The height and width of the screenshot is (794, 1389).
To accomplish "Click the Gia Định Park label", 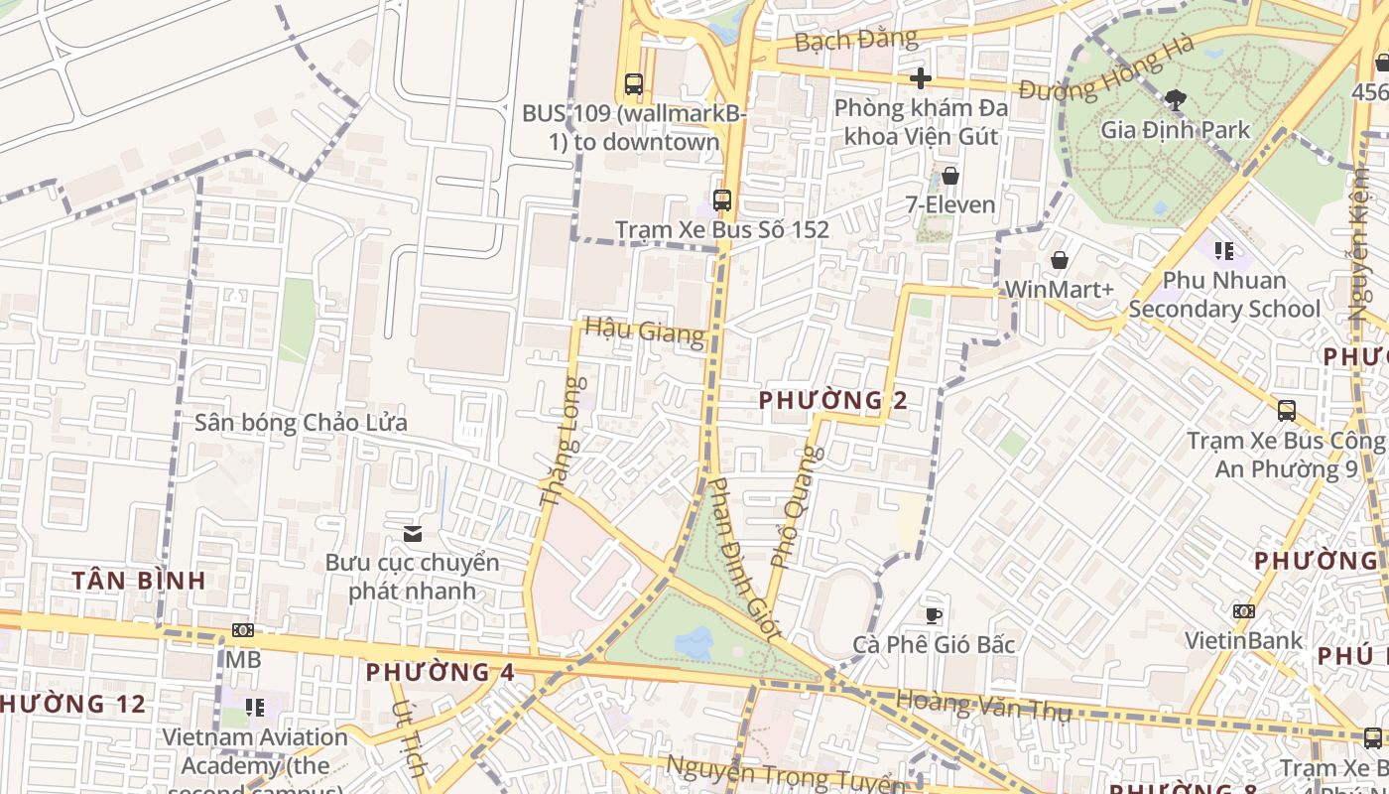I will [1175, 130].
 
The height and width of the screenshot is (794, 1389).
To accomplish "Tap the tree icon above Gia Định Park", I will [1176, 99].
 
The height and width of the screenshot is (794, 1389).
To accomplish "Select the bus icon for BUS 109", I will [633, 84].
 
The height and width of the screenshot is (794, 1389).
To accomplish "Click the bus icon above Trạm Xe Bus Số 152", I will [721, 199].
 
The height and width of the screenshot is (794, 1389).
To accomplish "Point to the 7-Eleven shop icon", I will [949, 177].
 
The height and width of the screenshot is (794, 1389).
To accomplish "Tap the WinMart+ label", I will [1059, 289].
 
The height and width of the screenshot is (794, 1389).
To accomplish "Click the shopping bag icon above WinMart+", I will [1059, 260].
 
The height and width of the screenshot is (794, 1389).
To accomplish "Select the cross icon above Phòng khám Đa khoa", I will [921, 78].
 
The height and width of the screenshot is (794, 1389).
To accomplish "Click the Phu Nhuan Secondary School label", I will [1223, 295].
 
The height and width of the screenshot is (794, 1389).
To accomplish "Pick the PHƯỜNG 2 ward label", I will [832, 400].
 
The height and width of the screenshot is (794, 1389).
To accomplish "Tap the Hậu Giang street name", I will [644, 331].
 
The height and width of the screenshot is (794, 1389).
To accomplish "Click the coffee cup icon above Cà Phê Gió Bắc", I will [933, 615].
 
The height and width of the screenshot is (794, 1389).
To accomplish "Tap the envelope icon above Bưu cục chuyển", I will [412, 534].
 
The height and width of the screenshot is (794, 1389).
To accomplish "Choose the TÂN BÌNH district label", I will [139, 581].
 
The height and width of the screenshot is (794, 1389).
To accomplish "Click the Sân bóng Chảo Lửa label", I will [301, 423].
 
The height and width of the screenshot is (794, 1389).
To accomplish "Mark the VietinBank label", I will [1243, 640].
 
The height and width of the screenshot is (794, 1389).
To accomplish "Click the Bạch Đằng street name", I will [856, 40].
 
